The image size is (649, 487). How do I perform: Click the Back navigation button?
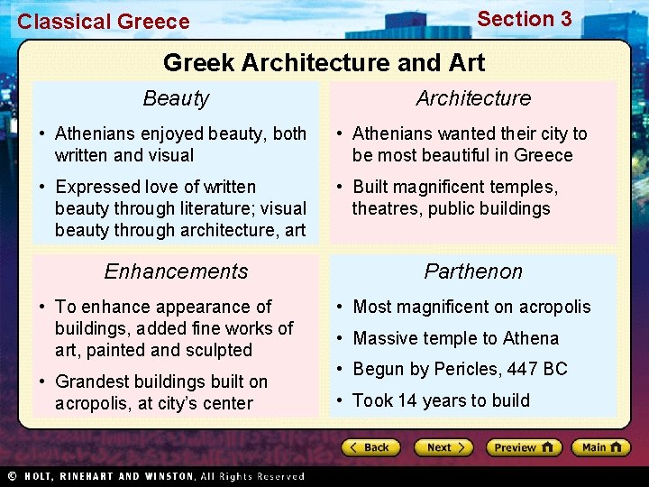click(370, 447)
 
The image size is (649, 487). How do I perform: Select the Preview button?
click(523, 447)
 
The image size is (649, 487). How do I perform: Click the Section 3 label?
click(524, 19)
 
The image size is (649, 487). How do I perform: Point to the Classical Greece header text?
click(104, 22)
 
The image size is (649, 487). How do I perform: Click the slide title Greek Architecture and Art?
click(324, 62)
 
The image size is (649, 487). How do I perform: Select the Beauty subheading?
click(176, 98)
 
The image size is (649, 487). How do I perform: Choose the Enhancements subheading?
click(176, 271)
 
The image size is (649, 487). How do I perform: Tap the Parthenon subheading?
click(473, 271)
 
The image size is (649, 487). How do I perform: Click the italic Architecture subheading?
click(473, 98)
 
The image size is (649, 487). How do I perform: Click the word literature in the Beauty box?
click(206, 208)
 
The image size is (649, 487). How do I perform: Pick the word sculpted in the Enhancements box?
click(220, 350)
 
